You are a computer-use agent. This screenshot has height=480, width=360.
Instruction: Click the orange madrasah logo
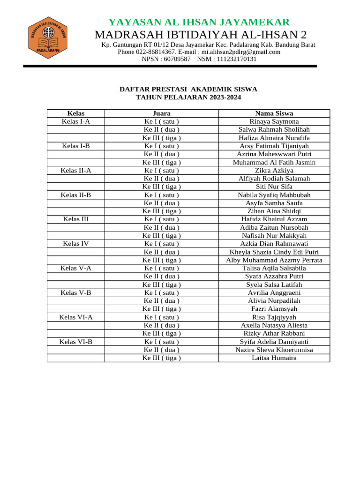point(48,37)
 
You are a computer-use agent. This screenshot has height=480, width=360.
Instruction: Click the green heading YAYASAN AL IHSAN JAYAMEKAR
point(199,22)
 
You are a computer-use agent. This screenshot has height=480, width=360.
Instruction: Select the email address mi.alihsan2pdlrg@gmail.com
point(241,52)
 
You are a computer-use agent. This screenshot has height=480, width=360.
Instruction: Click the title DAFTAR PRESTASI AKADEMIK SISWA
point(188,89)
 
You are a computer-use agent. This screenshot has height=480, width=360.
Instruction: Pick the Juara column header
point(162,113)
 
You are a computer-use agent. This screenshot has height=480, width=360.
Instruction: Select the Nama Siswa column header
point(274,113)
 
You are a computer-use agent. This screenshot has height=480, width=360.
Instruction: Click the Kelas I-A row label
point(76,121)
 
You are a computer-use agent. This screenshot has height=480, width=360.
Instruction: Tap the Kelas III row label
point(76,219)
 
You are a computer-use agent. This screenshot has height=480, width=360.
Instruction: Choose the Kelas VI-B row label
point(76,342)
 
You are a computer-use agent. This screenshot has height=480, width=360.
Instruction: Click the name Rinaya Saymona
point(274,121)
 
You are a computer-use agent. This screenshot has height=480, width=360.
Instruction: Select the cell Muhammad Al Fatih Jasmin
point(274,162)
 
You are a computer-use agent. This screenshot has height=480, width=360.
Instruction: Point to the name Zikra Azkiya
point(274,171)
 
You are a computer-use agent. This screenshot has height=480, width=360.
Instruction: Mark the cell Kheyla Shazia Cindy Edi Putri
point(274,252)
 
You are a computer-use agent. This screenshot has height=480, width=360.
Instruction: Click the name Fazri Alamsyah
point(274,309)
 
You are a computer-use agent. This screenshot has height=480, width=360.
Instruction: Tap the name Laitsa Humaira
point(274,358)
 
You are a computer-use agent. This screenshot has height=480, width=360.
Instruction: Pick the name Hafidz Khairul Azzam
point(274,219)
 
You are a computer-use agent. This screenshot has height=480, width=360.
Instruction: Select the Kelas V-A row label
point(76,268)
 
